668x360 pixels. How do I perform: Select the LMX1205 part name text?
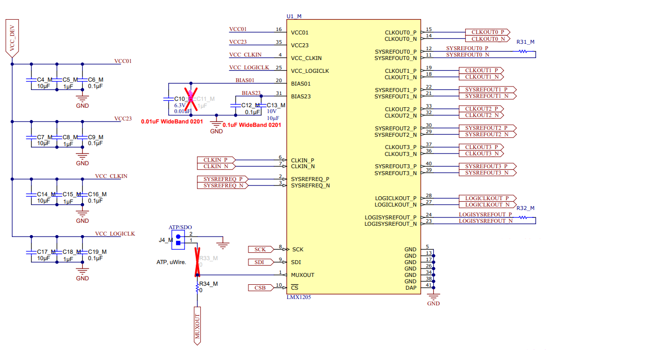[x=298, y=297]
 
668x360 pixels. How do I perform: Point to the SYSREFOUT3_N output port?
[x=486, y=173]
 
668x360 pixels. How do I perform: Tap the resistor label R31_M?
[x=525, y=42]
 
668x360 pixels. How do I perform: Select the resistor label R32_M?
[x=525, y=208]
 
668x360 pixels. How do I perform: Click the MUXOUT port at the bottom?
[x=198, y=326]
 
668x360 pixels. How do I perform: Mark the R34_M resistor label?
[x=208, y=284]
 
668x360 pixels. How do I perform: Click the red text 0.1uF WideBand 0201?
[x=252, y=125]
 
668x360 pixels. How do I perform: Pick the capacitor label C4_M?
[x=44, y=80]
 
